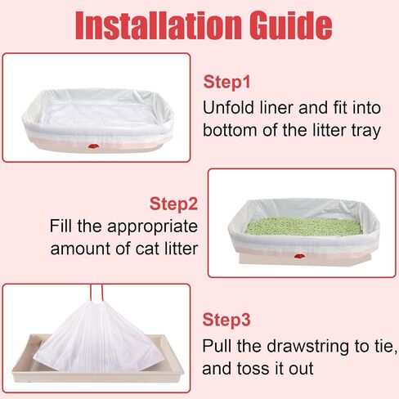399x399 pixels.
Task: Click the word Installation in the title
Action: [158, 25]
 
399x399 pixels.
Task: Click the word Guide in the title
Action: [290, 25]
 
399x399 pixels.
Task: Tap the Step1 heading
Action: [226, 82]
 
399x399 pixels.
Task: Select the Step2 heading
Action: [173, 204]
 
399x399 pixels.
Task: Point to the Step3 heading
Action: [226, 320]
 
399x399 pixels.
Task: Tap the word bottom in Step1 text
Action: [231, 130]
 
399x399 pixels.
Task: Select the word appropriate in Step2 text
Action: [153, 227]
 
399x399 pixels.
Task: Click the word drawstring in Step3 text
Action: [308, 347]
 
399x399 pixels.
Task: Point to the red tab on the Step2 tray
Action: [299, 256]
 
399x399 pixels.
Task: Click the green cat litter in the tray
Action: [303, 226]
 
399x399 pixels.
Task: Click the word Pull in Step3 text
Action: [217, 346]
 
